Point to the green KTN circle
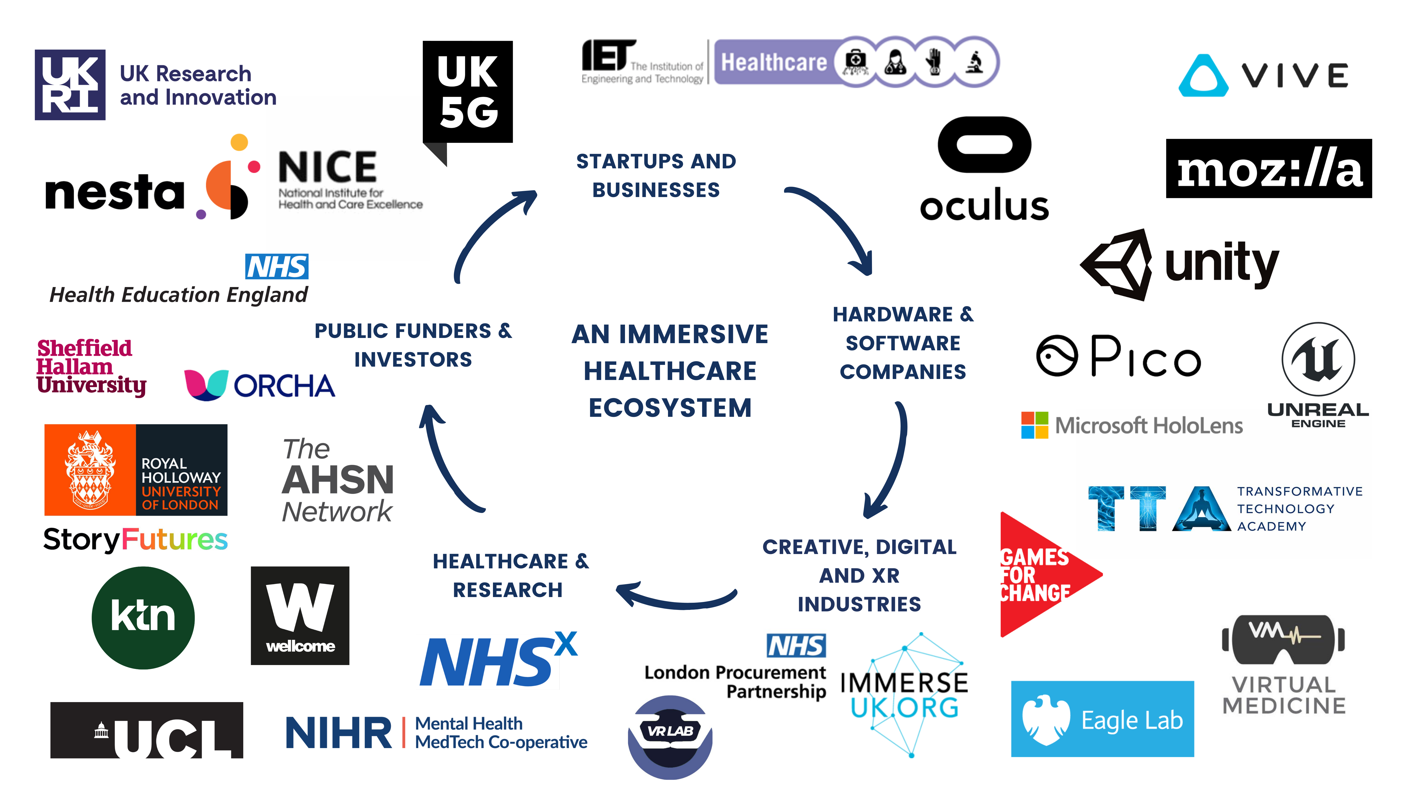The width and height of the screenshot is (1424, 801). [143, 618]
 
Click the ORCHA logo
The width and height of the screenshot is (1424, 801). [262, 385]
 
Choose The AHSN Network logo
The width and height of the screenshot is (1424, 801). [340, 480]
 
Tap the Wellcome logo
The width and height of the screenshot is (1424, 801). [300, 615]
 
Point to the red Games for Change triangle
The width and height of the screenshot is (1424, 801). [1039, 575]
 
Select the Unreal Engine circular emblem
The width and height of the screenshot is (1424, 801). [1318, 359]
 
